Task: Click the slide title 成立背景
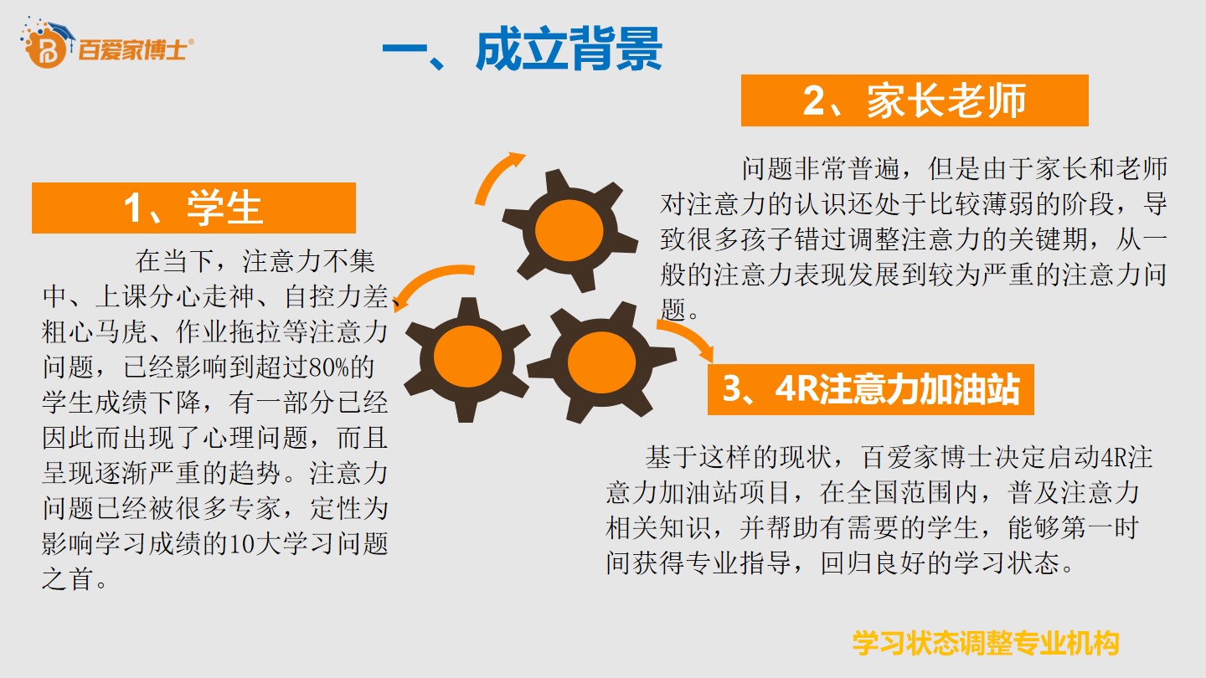click(569, 49)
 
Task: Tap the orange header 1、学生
click(193, 208)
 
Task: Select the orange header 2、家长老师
click(915, 100)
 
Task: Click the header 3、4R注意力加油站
click(871, 389)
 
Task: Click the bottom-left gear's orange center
click(467, 357)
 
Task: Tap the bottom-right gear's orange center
click(601, 362)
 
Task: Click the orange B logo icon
click(46, 49)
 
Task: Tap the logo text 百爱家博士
click(132, 50)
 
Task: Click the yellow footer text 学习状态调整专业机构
click(985, 644)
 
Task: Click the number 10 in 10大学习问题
click(242, 544)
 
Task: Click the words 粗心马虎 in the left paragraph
click(94, 331)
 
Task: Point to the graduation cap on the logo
click(59, 29)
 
